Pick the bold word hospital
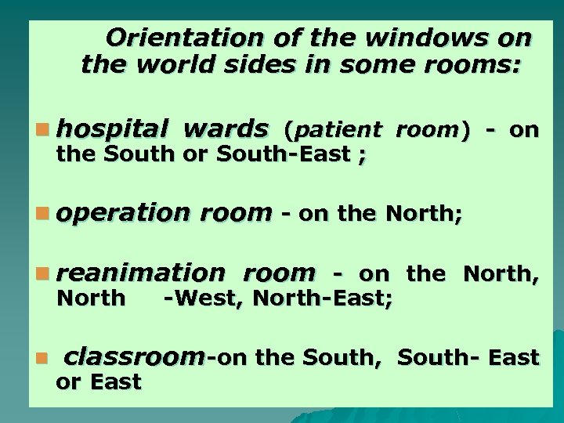[x=114, y=128]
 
